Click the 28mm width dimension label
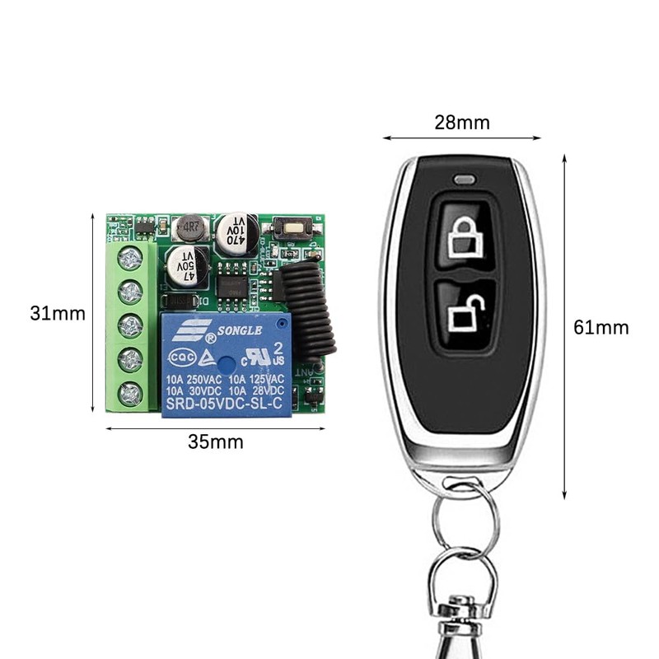coord(461,123)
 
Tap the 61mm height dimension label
coord(601,328)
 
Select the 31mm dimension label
coord(58,314)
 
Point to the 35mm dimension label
coord(216,442)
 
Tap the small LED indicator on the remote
coord(464,178)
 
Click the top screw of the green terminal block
coord(130,259)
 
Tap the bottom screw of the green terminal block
coord(130,394)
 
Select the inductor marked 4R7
coord(191,225)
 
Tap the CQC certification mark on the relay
coord(183,358)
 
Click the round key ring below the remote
coord(465,519)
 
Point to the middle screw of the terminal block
coord(130,326)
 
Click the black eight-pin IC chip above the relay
coord(232,284)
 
